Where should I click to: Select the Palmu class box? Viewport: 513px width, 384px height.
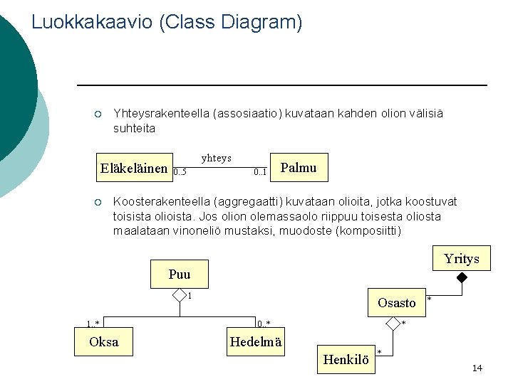pyautogui.click(x=299, y=168)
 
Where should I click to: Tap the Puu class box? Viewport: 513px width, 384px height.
pyautogui.click(x=180, y=274)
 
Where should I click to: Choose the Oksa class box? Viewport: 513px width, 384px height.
pyautogui.click(x=104, y=342)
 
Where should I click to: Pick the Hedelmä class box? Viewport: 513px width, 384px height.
pyautogui.click(x=256, y=342)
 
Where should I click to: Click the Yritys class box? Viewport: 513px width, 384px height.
pyautogui.click(x=462, y=259)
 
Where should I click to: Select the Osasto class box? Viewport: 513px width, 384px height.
pyautogui.click(x=396, y=302)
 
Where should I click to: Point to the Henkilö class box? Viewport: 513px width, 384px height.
pyautogui.click(x=346, y=360)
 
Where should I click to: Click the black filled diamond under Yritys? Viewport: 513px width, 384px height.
pyautogui.click(x=462, y=277)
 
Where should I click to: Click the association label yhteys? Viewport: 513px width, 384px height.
pyautogui.click(x=216, y=157)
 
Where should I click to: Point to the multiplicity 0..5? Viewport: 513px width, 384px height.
pyautogui.click(x=180, y=172)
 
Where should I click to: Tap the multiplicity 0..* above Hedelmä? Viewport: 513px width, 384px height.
pyautogui.click(x=264, y=324)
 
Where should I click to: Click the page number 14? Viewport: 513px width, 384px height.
pyautogui.click(x=477, y=368)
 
